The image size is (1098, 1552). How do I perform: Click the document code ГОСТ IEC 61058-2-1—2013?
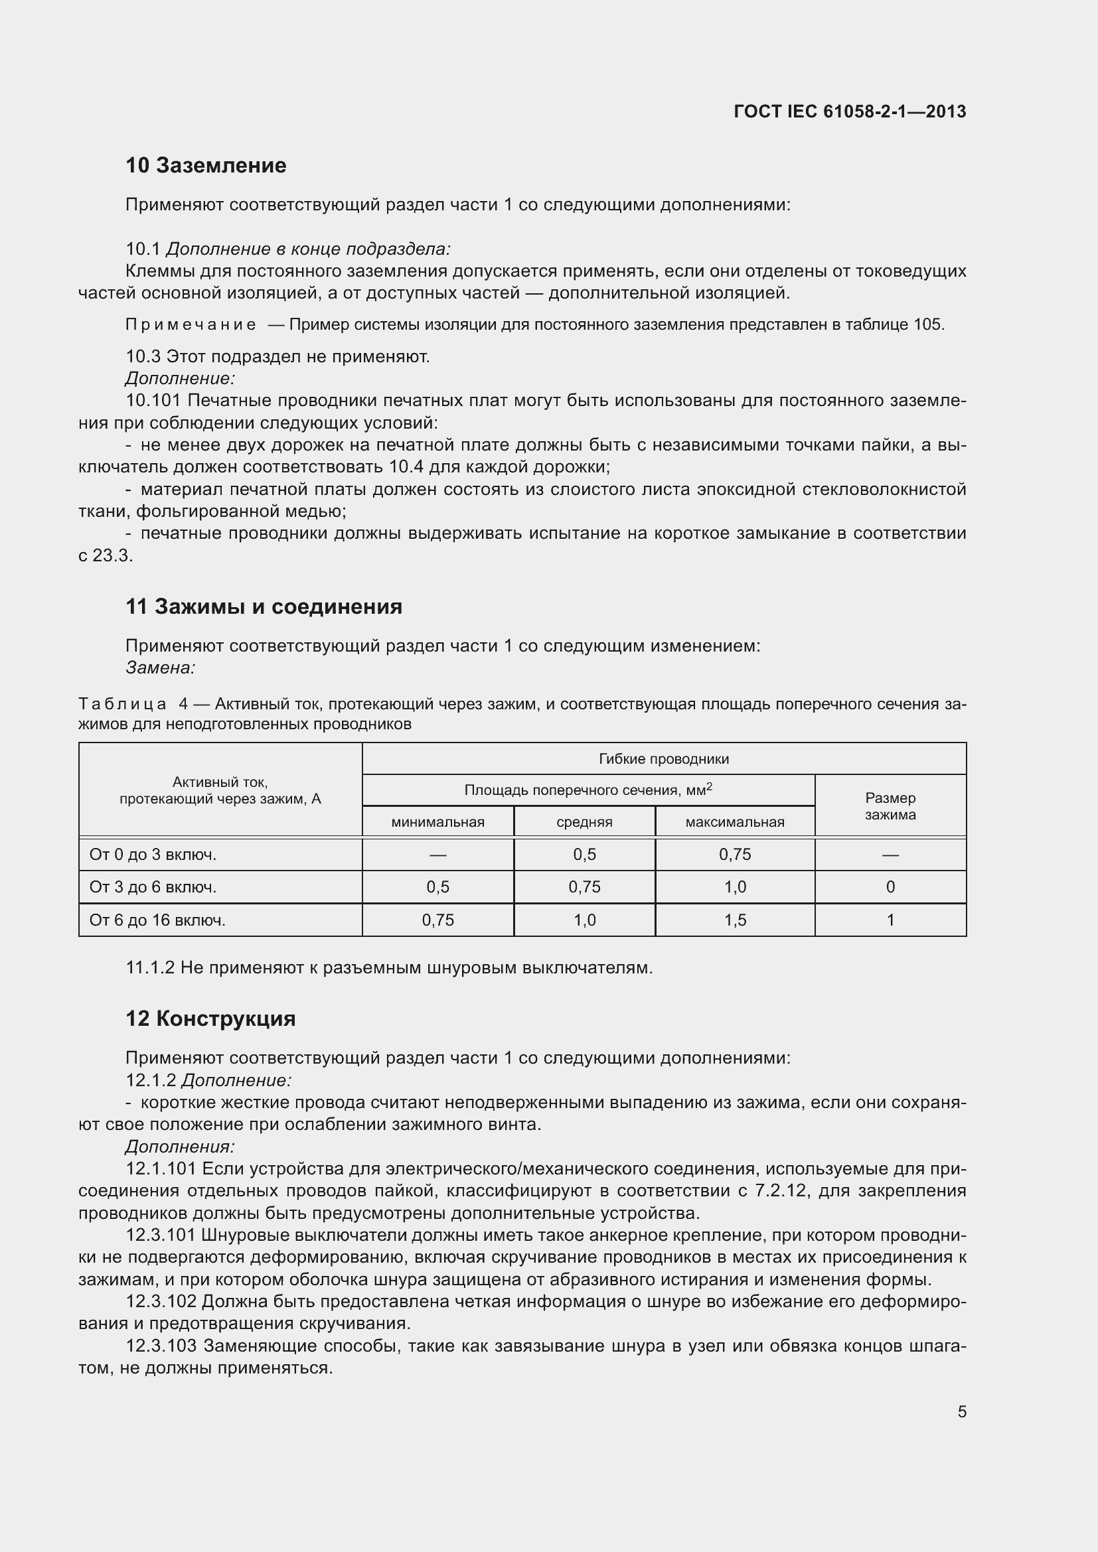[x=849, y=111]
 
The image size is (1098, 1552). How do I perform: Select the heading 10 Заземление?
[x=206, y=165]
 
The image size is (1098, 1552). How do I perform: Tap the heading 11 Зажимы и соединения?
[x=264, y=606]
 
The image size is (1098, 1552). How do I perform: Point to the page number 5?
[x=961, y=1411]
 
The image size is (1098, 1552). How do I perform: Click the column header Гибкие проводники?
[x=663, y=758]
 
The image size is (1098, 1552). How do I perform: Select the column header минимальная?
[x=437, y=822]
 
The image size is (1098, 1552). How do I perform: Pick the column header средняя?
[x=584, y=822]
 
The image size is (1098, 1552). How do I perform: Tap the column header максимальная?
[x=734, y=822]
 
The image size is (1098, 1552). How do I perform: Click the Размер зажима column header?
[x=890, y=806]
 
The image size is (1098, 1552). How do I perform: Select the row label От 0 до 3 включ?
[x=153, y=855]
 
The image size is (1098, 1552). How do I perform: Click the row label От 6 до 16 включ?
[x=157, y=920]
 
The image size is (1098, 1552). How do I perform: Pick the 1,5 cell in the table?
[x=734, y=920]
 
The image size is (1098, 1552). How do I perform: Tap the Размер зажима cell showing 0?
[x=890, y=887]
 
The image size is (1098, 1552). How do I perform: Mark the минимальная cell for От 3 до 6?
[x=437, y=887]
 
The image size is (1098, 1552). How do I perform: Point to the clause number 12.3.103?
[x=161, y=1346]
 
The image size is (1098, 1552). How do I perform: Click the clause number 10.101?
[x=153, y=401]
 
